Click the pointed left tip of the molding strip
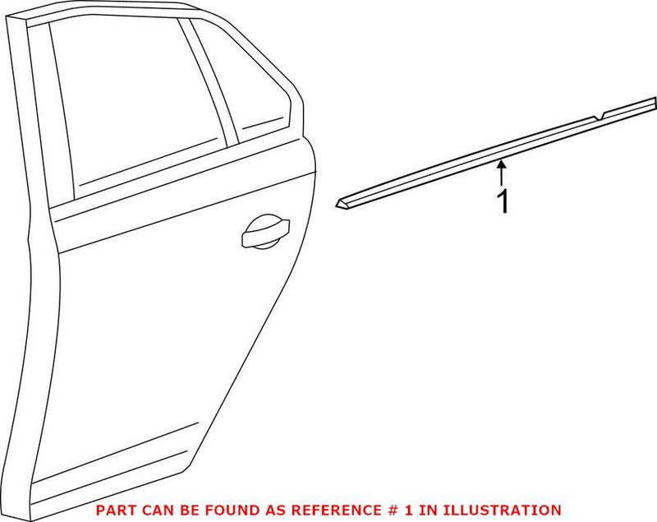click(x=339, y=202)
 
